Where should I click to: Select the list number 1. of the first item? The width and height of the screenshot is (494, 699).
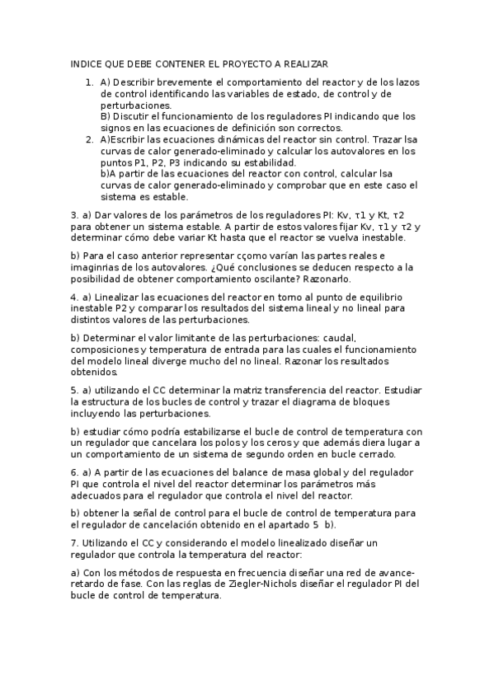tap(90, 82)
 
